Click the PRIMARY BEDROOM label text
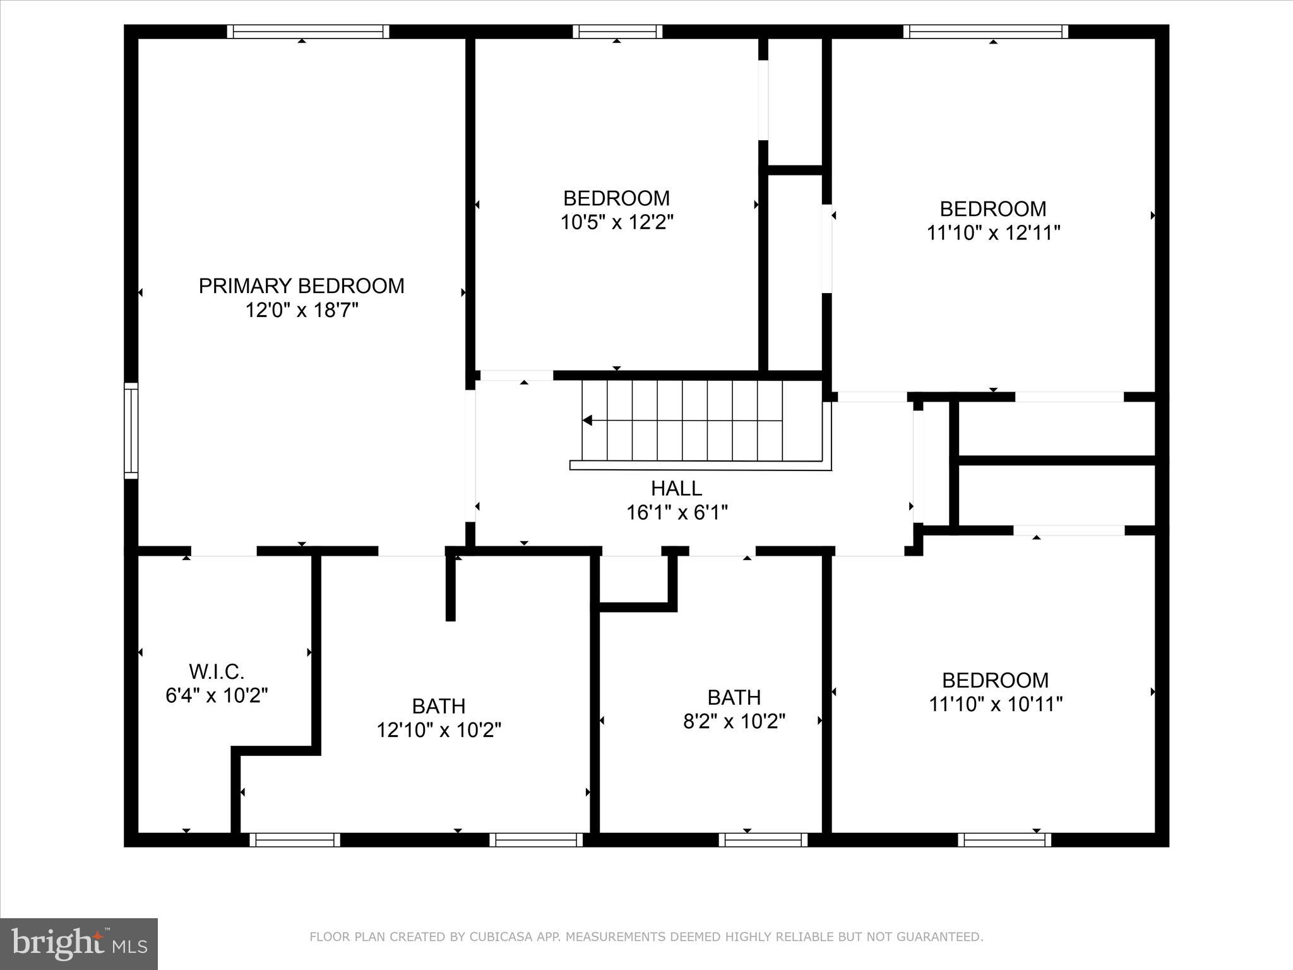(x=301, y=286)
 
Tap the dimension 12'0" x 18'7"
(x=301, y=311)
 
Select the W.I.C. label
(x=217, y=671)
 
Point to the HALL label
(x=676, y=488)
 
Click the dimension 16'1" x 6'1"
(x=676, y=513)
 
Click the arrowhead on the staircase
(x=588, y=421)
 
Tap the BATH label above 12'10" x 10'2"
(x=439, y=705)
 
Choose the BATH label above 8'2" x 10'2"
(x=734, y=697)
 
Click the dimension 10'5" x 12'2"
(x=617, y=222)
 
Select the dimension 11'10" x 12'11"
(x=992, y=233)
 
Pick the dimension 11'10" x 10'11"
(x=995, y=704)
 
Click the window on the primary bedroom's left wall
(x=131, y=431)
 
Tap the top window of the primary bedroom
(x=308, y=32)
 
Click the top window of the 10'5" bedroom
(x=617, y=32)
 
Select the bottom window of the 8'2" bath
(x=763, y=840)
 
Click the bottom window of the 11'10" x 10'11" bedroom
(x=1004, y=840)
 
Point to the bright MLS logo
(x=79, y=943)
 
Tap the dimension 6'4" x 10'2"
(x=217, y=695)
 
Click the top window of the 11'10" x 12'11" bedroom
(x=986, y=32)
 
